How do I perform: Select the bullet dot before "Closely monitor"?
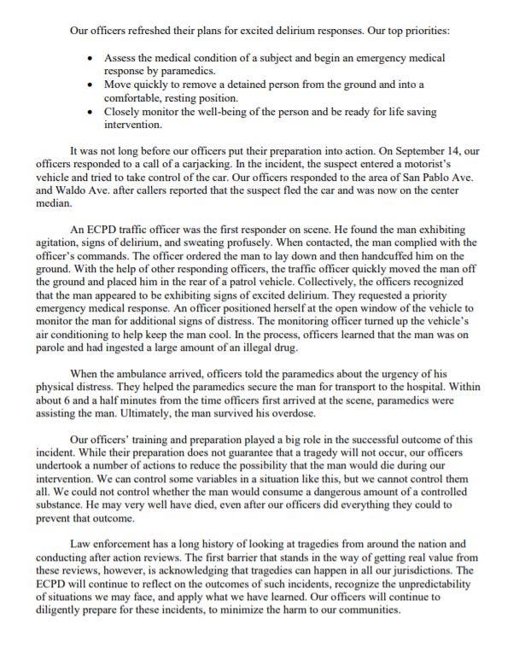pos(91,111)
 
